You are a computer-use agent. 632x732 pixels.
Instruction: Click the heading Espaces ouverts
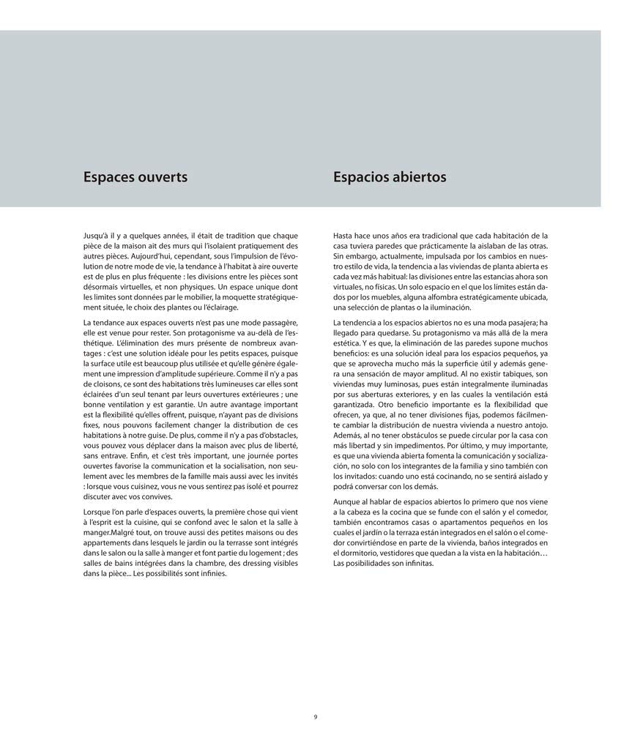pyautogui.click(x=135, y=177)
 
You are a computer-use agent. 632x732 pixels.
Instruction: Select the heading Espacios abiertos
pyautogui.click(x=390, y=177)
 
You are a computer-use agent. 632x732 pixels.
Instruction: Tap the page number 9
pyautogui.click(x=316, y=717)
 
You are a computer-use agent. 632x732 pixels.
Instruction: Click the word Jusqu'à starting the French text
pyautogui.click(x=98, y=236)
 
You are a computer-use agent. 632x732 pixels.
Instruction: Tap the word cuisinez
pyautogui.click(x=157, y=486)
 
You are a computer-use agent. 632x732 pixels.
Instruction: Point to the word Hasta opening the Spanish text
pyautogui.click(x=344, y=236)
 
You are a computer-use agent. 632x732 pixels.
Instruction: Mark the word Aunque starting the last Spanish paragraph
pyautogui.click(x=347, y=501)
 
